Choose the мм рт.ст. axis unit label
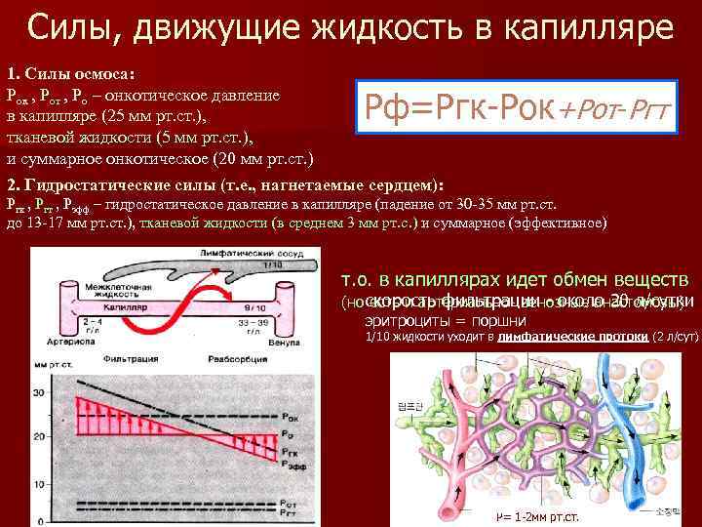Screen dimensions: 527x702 click(53, 365)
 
